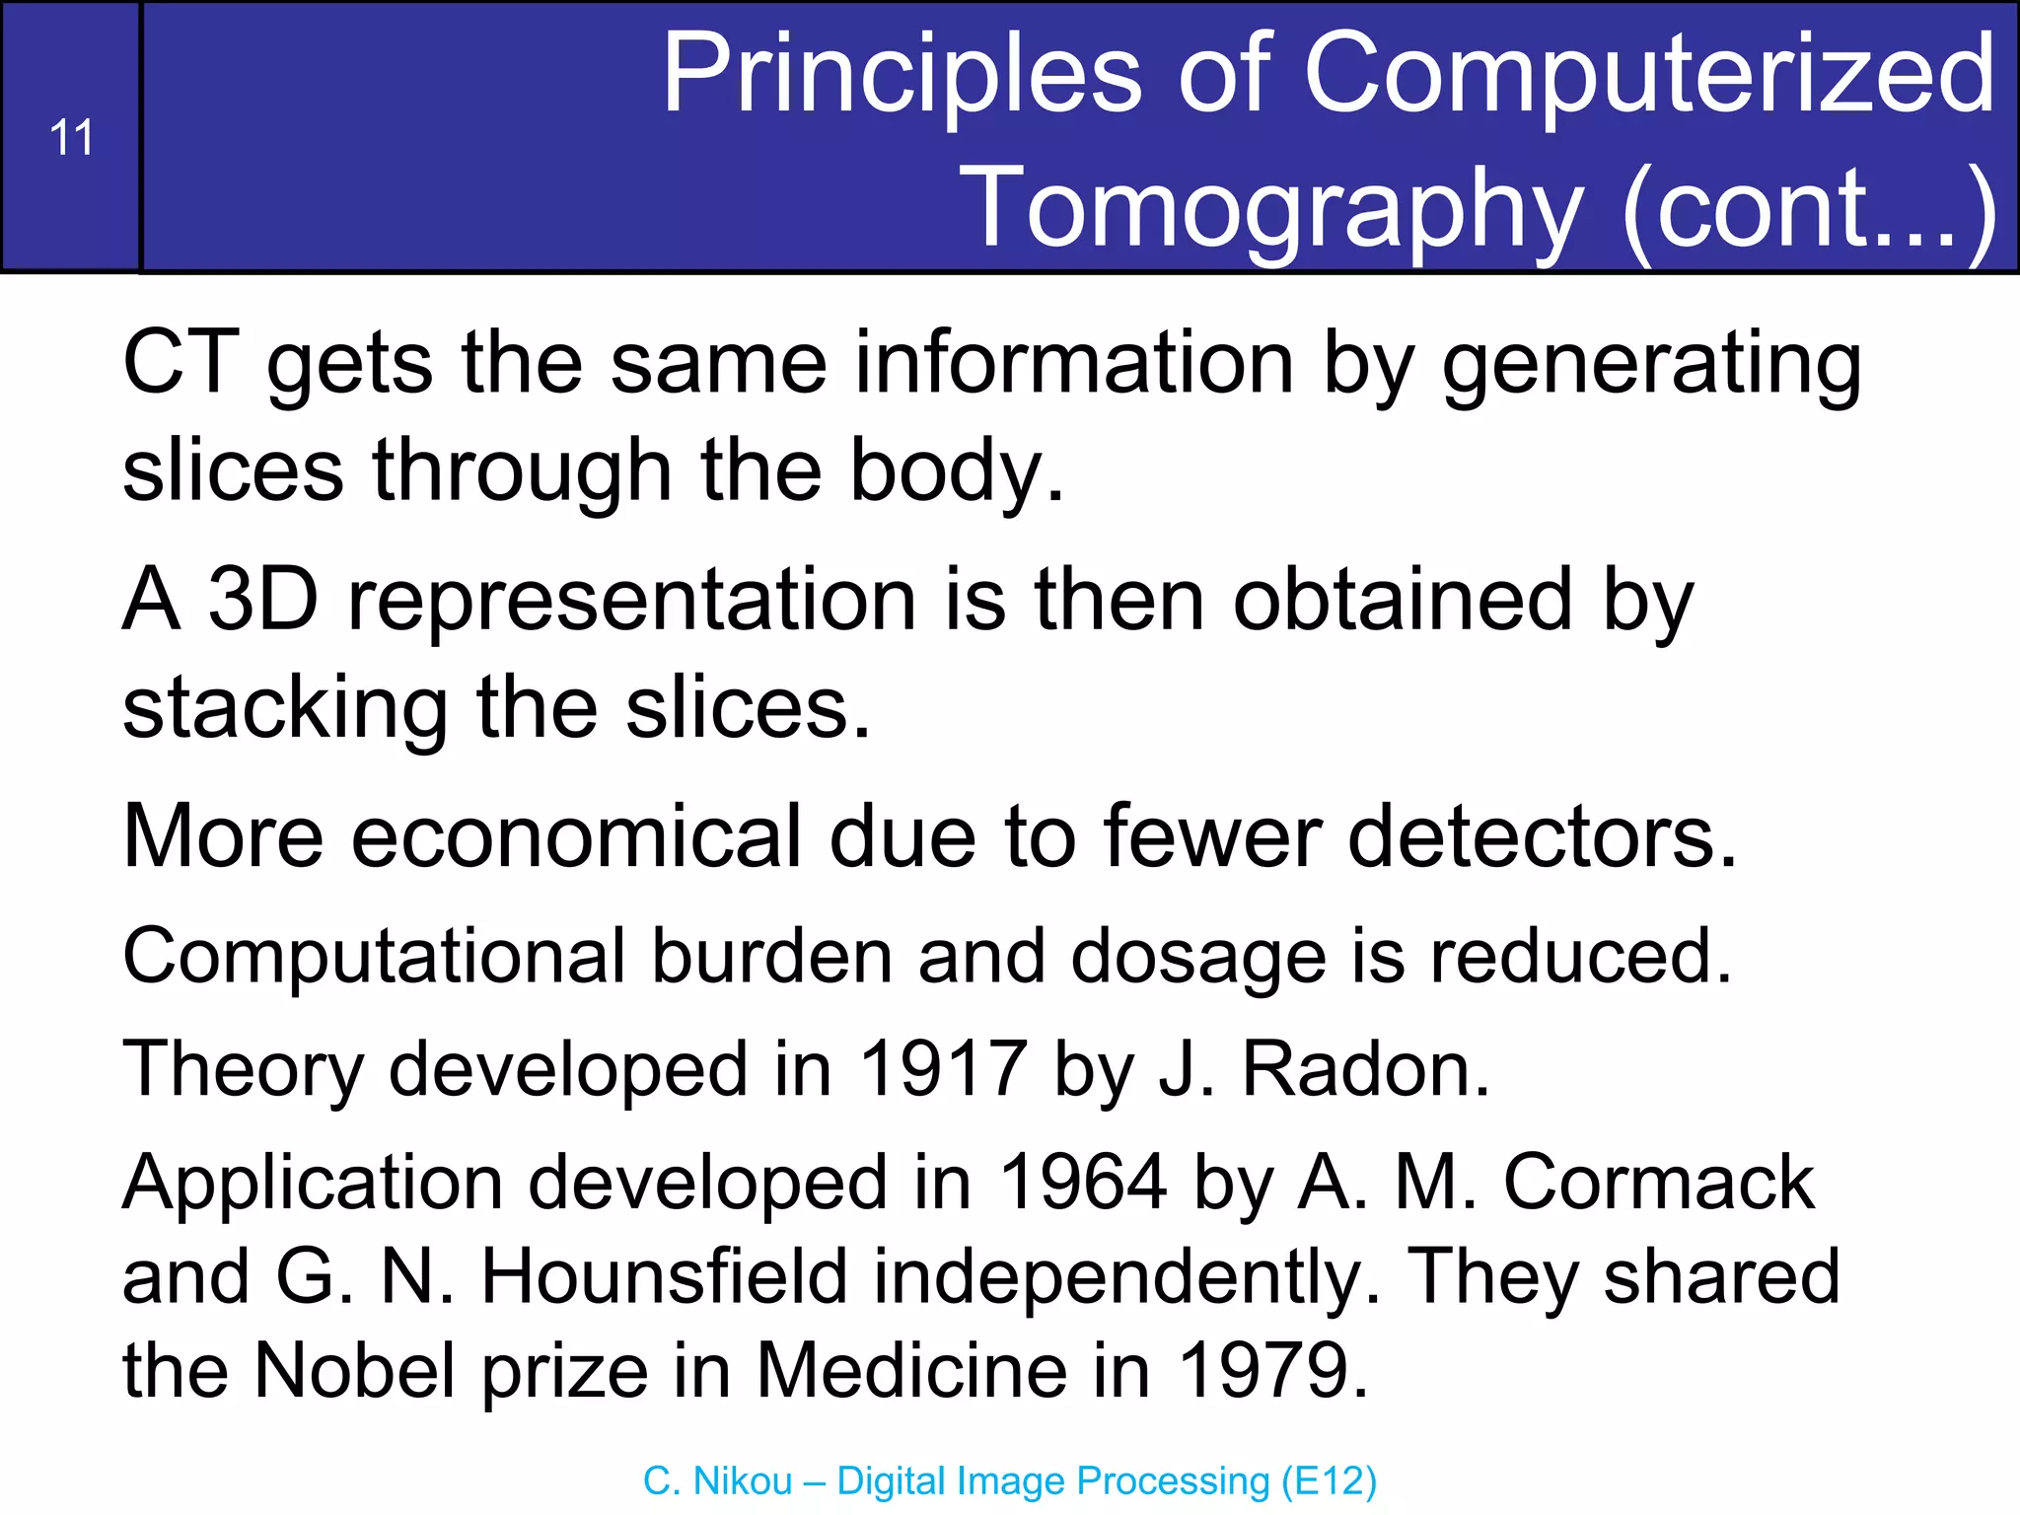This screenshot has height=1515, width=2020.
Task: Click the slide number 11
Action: [x=71, y=138]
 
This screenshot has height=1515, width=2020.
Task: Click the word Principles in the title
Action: [x=901, y=74]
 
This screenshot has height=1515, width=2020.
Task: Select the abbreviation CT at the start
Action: [x=180, y=363]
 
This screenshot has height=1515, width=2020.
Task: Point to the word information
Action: [x=1073, y=363]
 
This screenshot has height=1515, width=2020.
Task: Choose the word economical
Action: [x=576, y=836]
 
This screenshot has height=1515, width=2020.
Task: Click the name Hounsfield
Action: [x=664, y=1276]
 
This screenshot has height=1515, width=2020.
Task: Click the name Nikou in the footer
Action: [x=744, y=1481]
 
